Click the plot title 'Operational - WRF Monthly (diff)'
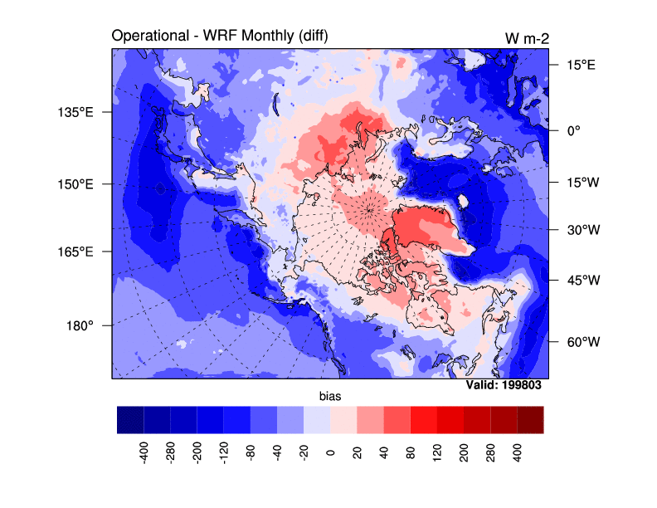218,37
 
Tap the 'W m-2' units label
525,38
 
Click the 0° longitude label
573,130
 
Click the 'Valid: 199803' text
508,385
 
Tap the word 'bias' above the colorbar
330,398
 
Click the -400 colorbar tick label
144,453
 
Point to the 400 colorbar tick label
518,452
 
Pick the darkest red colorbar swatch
530,420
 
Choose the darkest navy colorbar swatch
130,420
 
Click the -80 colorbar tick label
251,452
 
